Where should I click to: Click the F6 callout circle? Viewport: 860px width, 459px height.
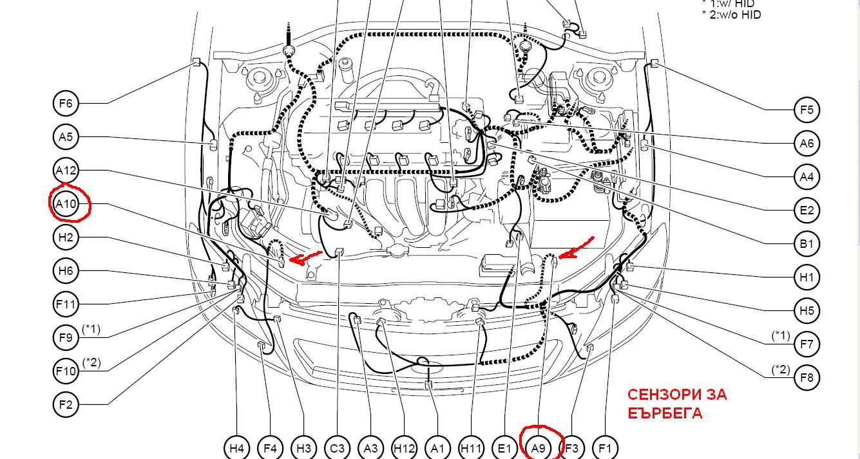click(66, 103)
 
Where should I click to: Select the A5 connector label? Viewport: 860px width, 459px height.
click(66, 136)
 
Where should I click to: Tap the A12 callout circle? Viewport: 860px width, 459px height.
click(66, 171)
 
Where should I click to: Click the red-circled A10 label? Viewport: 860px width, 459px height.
click(66, 204)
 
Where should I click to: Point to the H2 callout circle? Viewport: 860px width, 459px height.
click(66, 237)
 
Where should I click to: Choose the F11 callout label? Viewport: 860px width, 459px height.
click(66, 304)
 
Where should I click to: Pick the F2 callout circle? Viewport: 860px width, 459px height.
click(66, 404)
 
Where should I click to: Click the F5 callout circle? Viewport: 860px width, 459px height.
click(807, 109)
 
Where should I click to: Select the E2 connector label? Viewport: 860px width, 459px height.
click(807, 211)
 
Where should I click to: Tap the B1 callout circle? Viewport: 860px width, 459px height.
click(807, 244)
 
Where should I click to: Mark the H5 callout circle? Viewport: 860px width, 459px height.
click(807, 310)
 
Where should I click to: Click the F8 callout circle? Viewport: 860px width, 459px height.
click(807, 378)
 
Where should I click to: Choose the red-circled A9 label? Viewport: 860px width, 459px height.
click(538, 448)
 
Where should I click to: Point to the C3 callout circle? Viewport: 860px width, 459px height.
click(337, 448)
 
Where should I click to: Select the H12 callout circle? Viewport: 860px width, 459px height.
click(405, 448)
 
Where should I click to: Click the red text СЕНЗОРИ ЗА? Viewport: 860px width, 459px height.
click(677, 395)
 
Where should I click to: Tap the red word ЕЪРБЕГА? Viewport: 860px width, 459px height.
click(665, 413)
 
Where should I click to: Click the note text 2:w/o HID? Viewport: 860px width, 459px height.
click(735, 15)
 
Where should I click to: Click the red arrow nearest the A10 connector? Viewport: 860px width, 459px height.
click(305, 257)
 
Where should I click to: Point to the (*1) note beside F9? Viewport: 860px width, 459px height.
click(91, 329)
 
